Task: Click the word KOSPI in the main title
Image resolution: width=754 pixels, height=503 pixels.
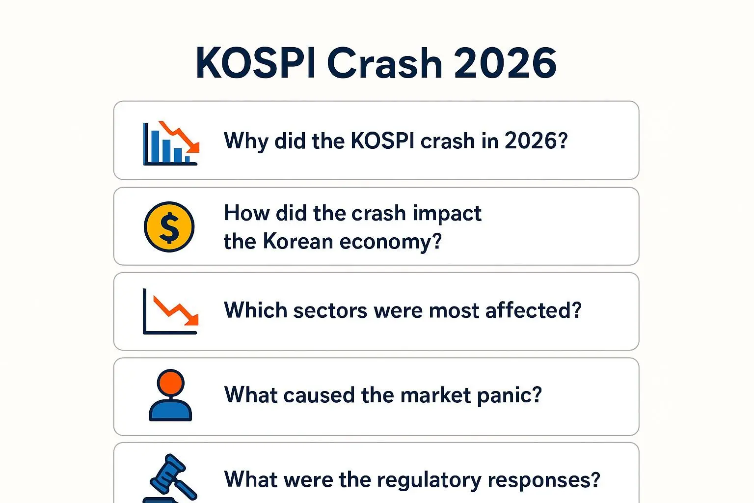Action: pos(256,63)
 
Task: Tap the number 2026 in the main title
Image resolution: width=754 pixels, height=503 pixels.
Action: pos(505,63)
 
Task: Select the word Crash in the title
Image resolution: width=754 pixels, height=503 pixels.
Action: pos(384,63)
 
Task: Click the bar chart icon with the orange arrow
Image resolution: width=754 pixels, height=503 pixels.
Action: pos(171,143)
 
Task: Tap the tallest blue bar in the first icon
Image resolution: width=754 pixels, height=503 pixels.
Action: pos(155,146)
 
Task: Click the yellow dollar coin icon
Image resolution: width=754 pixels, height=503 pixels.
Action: pos(169,227)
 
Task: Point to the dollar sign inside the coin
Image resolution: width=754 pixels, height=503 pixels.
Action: pos(169,227)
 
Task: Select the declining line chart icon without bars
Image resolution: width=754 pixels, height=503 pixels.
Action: pos(171,311)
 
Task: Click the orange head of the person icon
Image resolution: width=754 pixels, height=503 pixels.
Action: pos(171,383)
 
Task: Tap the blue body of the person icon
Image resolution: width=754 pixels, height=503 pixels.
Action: pos(170,410)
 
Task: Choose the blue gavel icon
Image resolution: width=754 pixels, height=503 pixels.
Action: pos(170,478)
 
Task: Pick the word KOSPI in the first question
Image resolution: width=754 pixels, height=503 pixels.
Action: pos(382,140)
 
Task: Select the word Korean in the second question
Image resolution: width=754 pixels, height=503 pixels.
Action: pos(298,241)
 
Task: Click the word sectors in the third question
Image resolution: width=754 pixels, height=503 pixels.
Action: pos(330,310)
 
